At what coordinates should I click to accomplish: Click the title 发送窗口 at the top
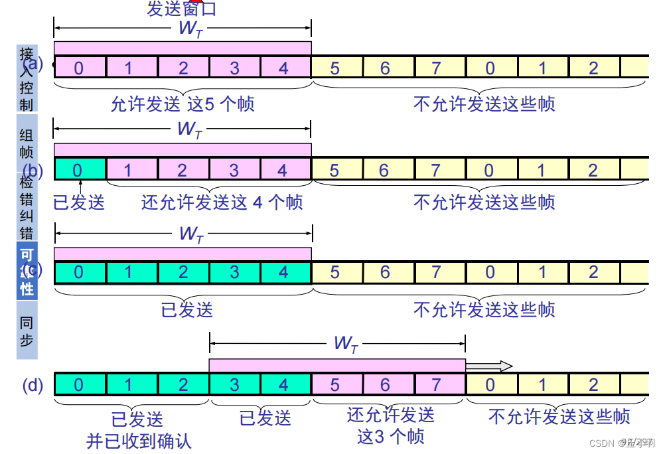[x=181, y=9]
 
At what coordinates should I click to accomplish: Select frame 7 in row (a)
[x=436, y=68]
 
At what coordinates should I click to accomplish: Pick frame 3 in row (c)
[x=234, y=272]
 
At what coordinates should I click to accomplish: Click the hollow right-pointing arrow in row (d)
[x=489, y=366]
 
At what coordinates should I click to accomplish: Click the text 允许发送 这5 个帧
[x=182, y=104]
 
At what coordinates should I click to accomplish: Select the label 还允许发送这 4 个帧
[x=222, y=202]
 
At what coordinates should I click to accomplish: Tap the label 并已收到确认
[x=139, y=441]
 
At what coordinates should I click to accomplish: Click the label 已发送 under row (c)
[x=187, y=309]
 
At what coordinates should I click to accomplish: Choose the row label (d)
[x=33, y=385]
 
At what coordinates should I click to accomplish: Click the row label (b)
[x=33, y=171]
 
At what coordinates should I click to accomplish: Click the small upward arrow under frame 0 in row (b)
[x=78, y=186]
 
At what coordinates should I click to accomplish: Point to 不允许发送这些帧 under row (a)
[x=484, y=104]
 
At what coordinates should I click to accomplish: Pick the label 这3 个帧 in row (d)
[x=390, y=436]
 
